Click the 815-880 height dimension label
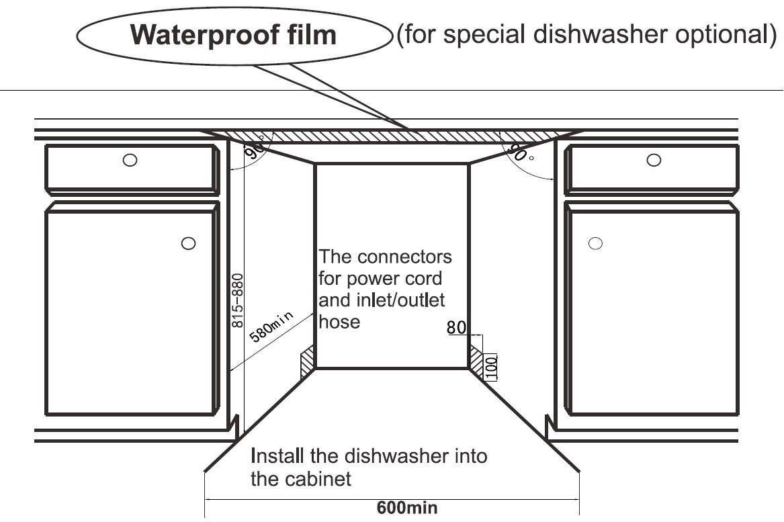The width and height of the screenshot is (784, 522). point(237,300)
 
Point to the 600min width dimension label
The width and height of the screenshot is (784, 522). point(406,507)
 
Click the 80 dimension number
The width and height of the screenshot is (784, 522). point(457,328)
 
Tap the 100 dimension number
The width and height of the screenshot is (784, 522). point(491,365)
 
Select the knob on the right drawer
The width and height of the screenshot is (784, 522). point(653,160)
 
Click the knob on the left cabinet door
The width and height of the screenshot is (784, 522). point(189,244)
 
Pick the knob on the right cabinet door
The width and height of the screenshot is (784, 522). point(595,243)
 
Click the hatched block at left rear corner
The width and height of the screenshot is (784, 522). point(308,361)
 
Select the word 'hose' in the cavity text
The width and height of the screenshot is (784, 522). point(339,322)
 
